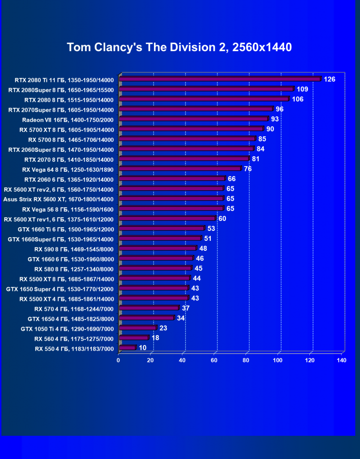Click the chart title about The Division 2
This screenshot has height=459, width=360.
(180, 47)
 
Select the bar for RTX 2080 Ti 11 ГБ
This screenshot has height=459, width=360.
(220, 79)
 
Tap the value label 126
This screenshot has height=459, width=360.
(330, 79)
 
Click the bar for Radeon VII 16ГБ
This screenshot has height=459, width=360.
(194, 119)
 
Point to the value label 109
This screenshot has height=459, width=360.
(303, 89)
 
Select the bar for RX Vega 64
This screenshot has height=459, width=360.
(180, 168)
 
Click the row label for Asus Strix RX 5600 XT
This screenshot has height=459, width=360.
(59, 199)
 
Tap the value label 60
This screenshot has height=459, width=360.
(222, 219)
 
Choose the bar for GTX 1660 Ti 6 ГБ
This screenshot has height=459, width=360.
(162, 229)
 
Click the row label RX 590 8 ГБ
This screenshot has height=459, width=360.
(74, 248)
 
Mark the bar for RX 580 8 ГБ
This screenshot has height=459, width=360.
(155, 268)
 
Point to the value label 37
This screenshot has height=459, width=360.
(186, 308)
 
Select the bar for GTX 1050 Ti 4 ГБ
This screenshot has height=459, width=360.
(138, 328)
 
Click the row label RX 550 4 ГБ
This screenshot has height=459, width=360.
(74, 349)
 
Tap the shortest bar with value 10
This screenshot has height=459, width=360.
(127, 348)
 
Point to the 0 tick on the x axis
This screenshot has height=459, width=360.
(118, 361)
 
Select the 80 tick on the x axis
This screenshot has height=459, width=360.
(246, 361)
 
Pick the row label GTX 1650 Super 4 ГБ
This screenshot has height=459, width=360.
(60, 288)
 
